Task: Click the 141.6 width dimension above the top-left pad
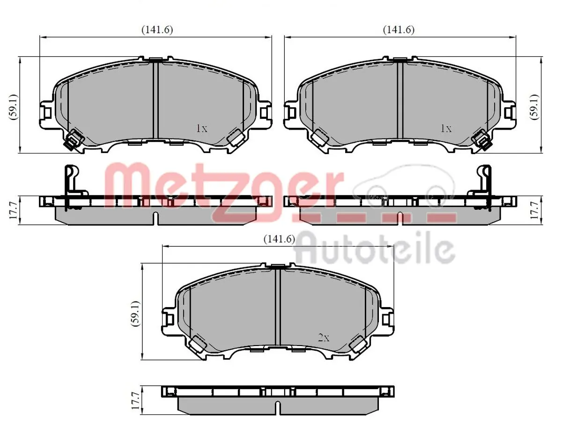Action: click(157, 29)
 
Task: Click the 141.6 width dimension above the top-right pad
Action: click(399, 29)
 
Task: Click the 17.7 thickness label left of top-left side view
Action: click(14, 209)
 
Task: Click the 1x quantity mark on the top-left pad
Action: click(201, 128)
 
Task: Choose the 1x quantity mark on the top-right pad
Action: click(446, 128)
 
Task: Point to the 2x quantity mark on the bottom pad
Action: click(324, 338)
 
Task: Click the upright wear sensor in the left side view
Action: click(71, 183)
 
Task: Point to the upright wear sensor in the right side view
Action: click(482, 183)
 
